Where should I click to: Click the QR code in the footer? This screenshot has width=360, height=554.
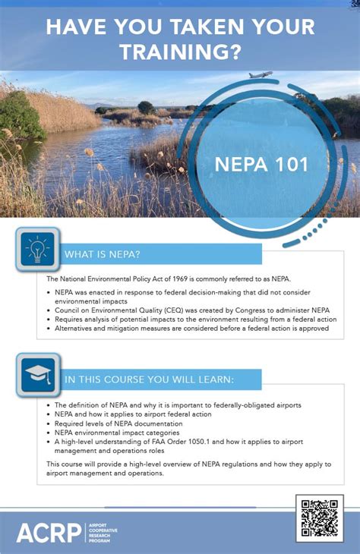319,518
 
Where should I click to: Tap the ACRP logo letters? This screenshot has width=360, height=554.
49,532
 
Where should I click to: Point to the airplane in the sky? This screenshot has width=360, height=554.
261,75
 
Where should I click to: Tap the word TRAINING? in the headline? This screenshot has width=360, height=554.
180,52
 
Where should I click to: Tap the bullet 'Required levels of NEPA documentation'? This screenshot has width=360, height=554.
118,423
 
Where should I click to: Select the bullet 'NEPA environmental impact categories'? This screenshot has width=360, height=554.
116,433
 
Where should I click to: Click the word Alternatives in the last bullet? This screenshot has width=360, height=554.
75,329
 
